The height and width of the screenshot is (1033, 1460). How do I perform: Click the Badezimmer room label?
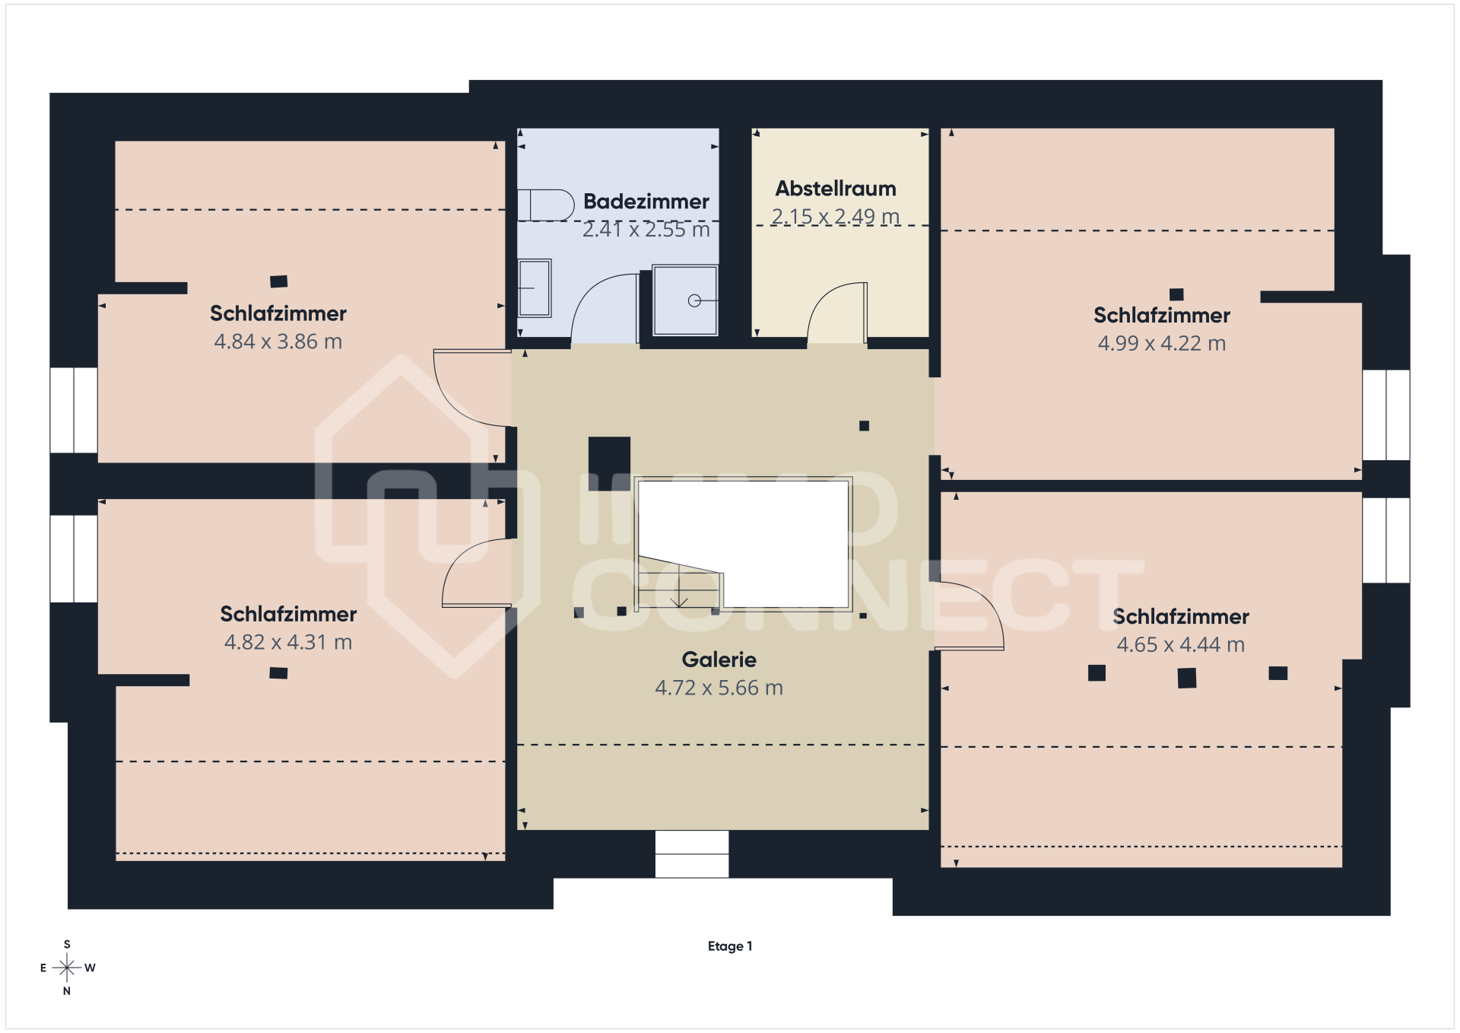click(x=646, y=202)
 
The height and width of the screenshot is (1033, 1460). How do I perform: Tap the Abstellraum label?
click(x=836, y=189)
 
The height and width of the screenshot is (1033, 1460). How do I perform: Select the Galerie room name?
click(x=719, y=660)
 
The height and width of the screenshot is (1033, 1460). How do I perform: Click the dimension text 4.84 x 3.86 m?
click(x=278, y=342)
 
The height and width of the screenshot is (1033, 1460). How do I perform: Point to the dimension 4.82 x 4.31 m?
click(x=288, y=642)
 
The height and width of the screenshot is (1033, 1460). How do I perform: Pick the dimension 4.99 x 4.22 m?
click(x=1162, y=343)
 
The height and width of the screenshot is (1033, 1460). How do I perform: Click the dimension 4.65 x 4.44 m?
click(x=1181, y=644)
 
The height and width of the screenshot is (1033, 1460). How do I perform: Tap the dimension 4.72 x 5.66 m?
click(x=719, y=688)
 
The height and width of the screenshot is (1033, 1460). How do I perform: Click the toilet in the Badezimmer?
click(x=546, y=205)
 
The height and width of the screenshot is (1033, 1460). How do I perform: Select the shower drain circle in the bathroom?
click(x=694, y=300)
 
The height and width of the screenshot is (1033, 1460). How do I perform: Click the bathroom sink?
click(x=535, y=288)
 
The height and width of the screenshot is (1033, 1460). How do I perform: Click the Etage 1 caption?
click(x=730, y=946)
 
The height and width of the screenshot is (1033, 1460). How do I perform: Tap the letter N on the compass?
click(x=67, y=991)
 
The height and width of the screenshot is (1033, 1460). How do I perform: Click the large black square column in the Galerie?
click(x=609, y=458)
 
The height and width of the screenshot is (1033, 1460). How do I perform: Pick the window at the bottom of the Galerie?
click(x=692, y=854)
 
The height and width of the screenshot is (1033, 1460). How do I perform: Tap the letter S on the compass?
click(x=67, y=944)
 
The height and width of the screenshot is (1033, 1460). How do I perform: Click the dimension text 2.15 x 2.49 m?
click(x=836, y=217)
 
